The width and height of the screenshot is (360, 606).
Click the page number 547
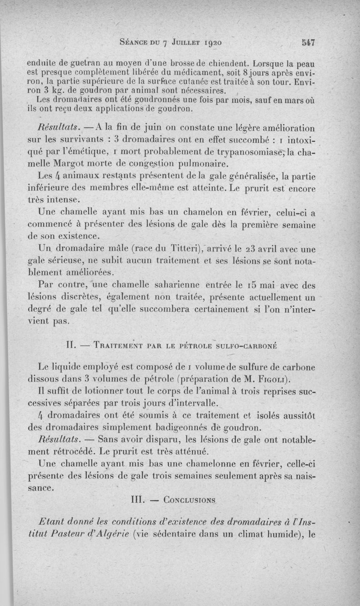(x=307, y=43)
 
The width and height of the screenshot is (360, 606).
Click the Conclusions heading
(x=189, y=499)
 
